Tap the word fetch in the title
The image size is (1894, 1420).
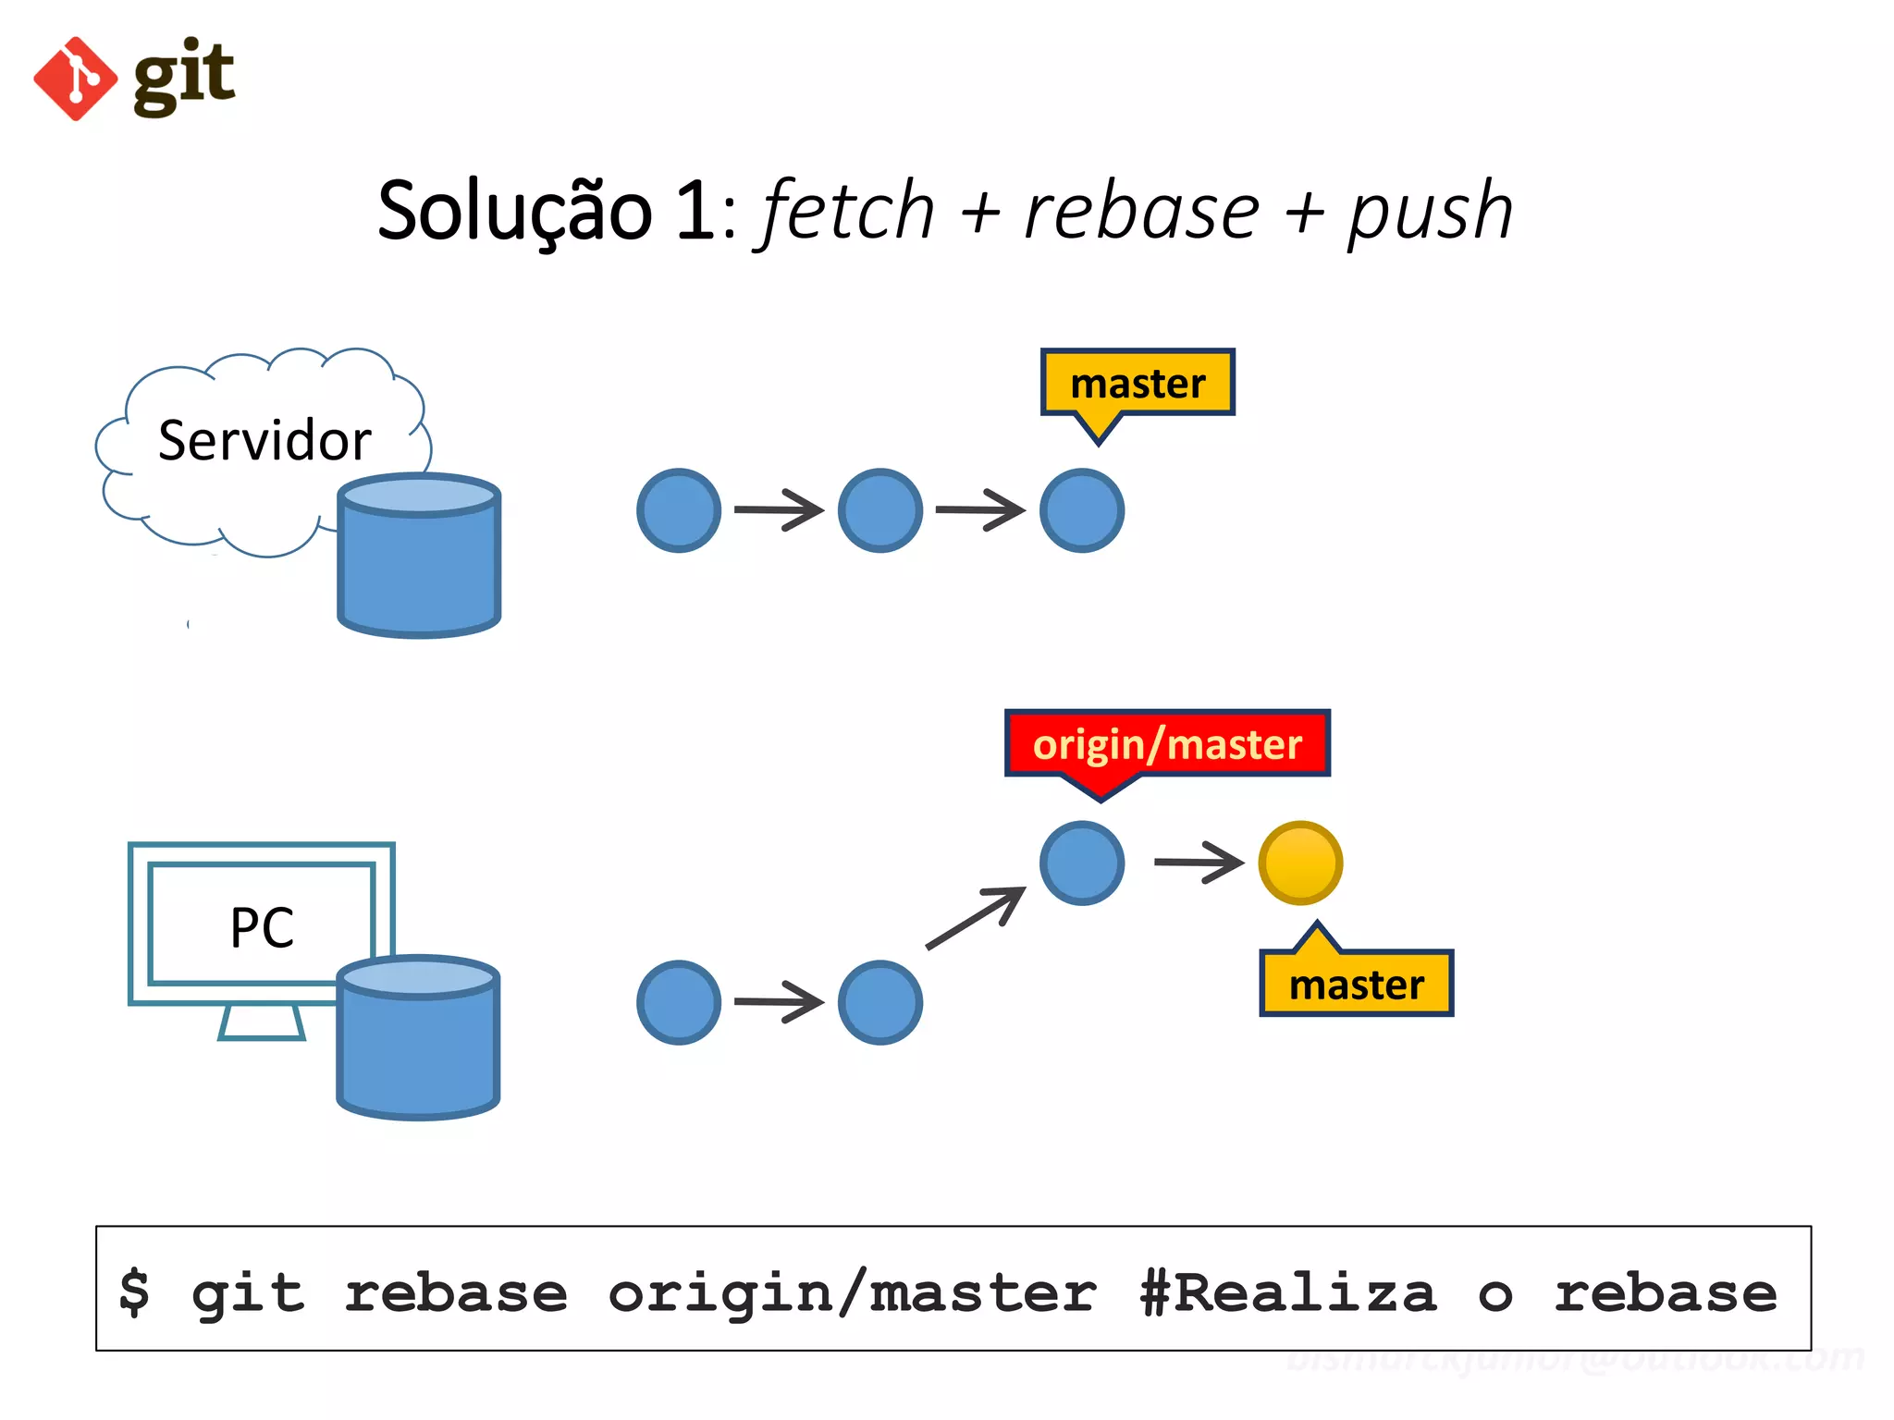coord(847,212)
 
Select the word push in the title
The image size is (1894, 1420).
coord(1430,212)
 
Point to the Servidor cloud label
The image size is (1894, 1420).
coord(264,440)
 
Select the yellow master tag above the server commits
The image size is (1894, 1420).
coord(1138,383)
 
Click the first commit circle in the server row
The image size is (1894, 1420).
coord(679,510)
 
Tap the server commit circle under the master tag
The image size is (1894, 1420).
coord(1081,510)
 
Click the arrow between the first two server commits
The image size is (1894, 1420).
coord(779,510)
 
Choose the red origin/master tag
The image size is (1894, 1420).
coord(1167,744)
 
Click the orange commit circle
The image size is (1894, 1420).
coord(1300,863)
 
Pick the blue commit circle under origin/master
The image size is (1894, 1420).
coord(1081,863)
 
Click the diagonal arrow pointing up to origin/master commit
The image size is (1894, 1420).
coord(976,917)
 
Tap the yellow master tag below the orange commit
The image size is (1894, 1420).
coord(1356,984)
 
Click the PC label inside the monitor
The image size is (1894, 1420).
coord(262,927)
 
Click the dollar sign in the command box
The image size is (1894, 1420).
coord(134,1291)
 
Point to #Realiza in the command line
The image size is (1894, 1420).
coord(1288,1291)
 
